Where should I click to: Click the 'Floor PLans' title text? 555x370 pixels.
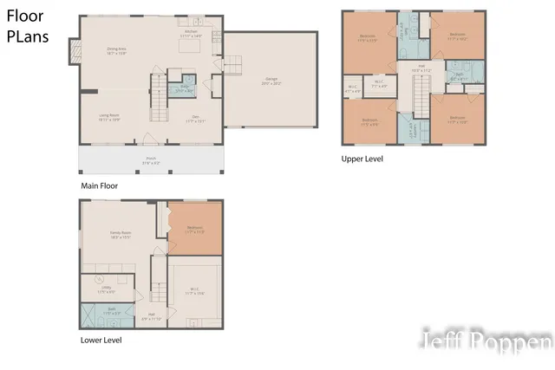(27, 26)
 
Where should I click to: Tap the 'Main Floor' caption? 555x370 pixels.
(99, 185)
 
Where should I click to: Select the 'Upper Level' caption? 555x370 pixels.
(362, 159)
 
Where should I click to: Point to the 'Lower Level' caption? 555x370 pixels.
(101, 340)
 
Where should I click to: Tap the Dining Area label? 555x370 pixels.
(116, 51)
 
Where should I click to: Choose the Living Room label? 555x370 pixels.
(108, 118)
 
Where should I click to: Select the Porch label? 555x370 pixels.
(151, 159)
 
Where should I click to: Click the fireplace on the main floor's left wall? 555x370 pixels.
(73, 55)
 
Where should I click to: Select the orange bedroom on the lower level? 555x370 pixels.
(194, 229)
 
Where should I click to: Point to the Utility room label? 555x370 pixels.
(104, 291)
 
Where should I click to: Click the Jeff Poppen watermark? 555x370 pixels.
(486, 341)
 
